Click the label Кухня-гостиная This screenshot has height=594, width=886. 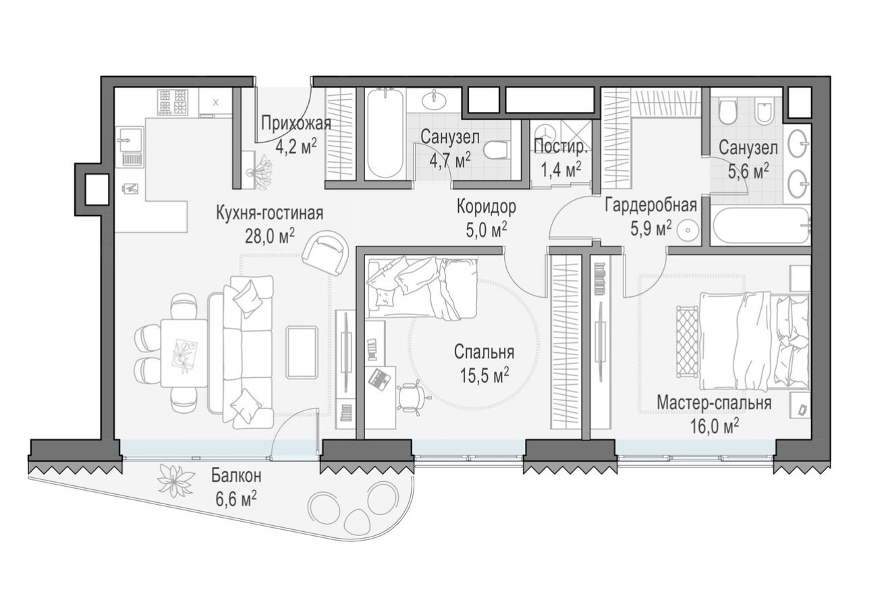(269, 213)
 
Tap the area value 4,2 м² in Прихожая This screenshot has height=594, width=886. (296, 146)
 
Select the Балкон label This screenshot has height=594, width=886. (236, 476)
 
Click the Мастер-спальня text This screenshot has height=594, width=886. (714, 403)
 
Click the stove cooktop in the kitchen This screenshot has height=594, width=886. (172, 102)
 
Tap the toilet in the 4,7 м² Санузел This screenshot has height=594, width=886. (499, 148)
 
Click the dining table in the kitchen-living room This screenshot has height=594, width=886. (184, 352)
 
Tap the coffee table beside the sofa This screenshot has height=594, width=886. (302, 352)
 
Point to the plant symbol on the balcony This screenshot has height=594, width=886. (175, 481)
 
